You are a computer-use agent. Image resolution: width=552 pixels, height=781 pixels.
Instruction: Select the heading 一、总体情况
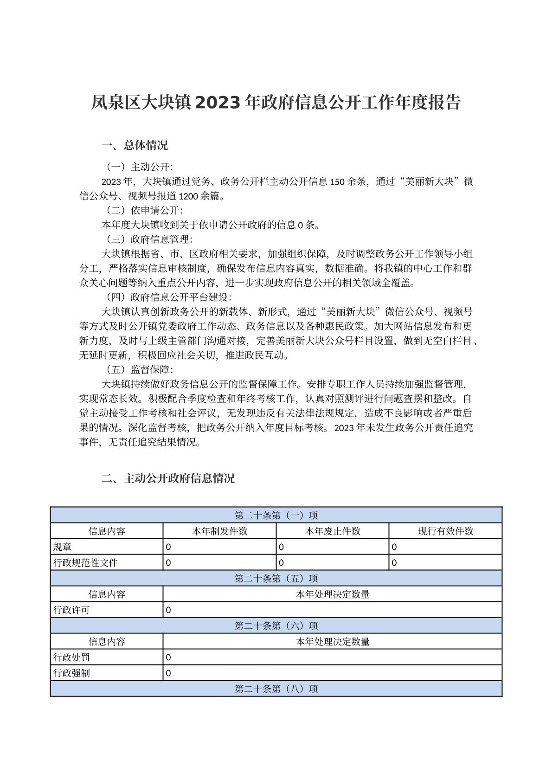135,145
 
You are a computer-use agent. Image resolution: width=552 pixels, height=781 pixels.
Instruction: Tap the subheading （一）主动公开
138,167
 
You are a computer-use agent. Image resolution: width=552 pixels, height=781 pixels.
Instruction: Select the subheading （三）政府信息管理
147,239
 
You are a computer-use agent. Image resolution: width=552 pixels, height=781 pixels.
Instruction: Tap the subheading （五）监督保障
138,369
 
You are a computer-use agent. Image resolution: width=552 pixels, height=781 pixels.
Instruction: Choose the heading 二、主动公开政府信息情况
168,478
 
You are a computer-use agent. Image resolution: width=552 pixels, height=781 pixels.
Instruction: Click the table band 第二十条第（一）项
276,515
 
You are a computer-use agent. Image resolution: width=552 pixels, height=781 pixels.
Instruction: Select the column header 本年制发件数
219,531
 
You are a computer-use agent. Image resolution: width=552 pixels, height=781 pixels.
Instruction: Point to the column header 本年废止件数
333,531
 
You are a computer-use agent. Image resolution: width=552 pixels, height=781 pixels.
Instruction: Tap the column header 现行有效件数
445,531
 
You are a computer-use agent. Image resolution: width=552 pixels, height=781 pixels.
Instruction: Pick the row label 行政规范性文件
85,562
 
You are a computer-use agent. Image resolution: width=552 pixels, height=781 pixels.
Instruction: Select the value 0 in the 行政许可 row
168,610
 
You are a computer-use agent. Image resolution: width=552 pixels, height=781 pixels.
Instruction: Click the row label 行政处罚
72,657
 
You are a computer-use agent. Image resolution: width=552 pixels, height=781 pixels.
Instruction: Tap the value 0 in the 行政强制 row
168,673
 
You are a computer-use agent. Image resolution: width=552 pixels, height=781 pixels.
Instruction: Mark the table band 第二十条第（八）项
276,689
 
